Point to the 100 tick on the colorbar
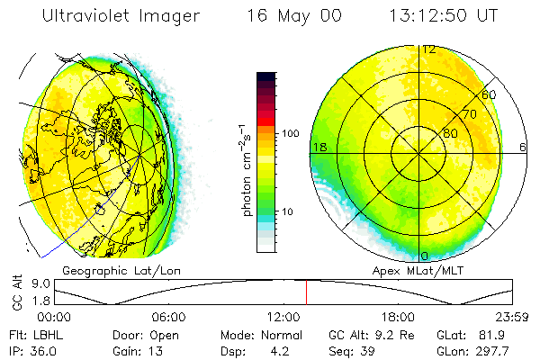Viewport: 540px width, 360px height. click(289, 133)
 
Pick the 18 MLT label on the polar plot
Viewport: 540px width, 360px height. click(318, 147)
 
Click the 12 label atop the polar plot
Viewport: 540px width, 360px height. click(429, 49)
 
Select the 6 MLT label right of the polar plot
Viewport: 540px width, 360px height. click(523, 147)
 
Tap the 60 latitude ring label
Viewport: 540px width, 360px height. click(489, 94)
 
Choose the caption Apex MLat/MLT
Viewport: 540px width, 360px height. click(416, 270)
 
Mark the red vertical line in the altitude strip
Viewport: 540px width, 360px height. click(306, 292)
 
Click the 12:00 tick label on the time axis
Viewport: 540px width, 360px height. click(283, 317)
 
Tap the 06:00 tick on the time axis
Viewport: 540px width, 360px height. click(168, 317)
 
